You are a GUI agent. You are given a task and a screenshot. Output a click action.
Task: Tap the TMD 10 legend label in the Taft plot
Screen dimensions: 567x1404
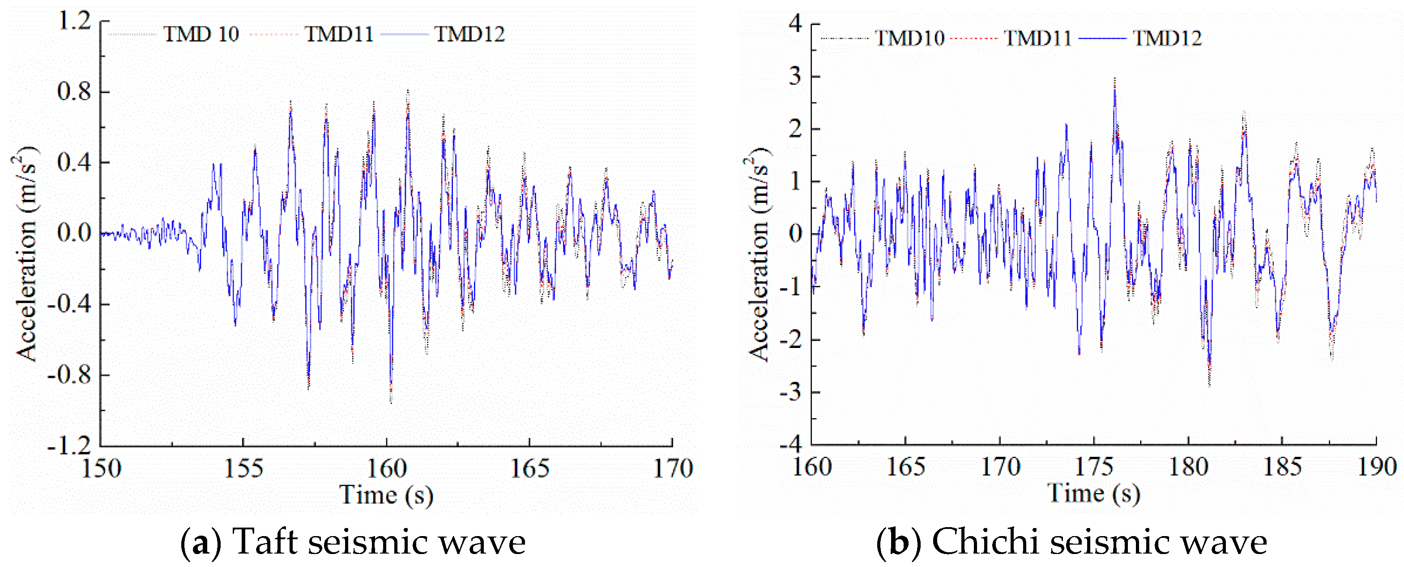coord(201,34)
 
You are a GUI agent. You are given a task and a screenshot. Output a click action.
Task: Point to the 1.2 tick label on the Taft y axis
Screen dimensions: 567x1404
coord(75,22)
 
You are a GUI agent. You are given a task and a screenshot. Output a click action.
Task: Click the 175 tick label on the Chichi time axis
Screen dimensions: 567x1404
coord(1093,467)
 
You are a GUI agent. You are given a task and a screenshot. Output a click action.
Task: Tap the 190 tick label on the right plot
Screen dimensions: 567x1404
coord(1376,467)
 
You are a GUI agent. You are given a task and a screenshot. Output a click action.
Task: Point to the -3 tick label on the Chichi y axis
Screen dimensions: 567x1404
coord(791,392)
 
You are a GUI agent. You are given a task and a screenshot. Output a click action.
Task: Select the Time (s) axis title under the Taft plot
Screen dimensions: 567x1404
coord(386,495)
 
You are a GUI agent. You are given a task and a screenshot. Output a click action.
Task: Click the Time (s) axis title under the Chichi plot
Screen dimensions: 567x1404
coord(1093,493)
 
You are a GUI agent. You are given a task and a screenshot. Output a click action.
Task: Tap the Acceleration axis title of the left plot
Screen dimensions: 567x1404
coord(26,253)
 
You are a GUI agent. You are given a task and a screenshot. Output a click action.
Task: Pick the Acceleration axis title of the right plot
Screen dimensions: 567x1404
coord(758,253)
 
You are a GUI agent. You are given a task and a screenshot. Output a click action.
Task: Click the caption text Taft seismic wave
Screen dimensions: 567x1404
coord(379,542)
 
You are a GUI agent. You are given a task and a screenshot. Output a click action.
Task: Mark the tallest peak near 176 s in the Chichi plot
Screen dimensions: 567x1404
coord(1114,79)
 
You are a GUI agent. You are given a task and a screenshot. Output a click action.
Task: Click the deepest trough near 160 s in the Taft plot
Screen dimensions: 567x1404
coord(391,402)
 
